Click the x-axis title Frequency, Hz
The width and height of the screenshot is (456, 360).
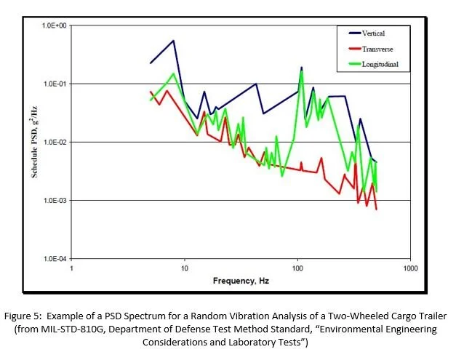(240, 280)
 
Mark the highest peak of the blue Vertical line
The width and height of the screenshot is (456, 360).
(173, 41)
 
